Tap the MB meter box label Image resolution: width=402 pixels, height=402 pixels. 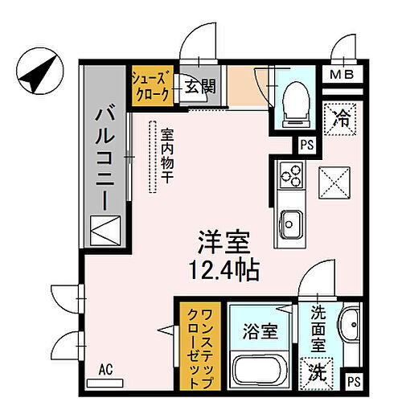click(x=344, y=76)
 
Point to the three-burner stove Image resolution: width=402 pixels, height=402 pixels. click(x=289, y=174)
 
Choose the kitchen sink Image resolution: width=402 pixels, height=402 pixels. click(x=289, y=221)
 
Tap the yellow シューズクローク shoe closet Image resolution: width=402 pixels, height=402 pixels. click(x=150, y=84)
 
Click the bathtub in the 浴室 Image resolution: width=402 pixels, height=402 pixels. click(x=261, y=371)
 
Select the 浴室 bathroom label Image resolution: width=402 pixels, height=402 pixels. click(x=261, y=330)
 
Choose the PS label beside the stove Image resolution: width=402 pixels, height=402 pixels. click(x=306, y=146)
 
